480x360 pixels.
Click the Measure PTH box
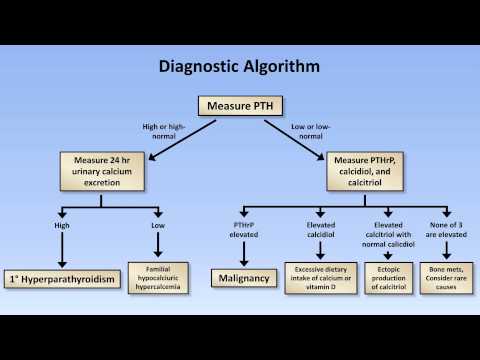click(239, 105)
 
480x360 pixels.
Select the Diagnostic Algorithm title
click(240, 67)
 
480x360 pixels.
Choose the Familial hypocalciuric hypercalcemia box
click(158, 275)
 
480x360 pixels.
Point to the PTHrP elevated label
click(244, 229)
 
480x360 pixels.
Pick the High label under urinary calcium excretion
click(62, 225)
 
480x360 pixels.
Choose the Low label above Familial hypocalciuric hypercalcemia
click(158, 225)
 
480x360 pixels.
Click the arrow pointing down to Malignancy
click(244, 252)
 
